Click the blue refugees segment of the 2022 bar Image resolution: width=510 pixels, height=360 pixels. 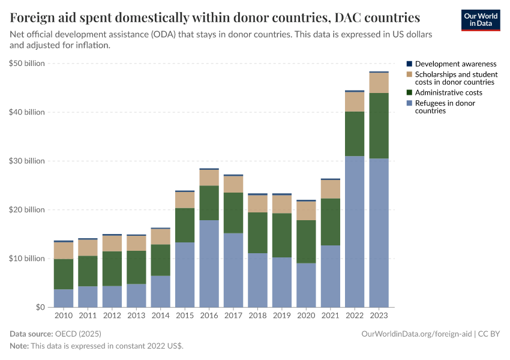click(355, 232)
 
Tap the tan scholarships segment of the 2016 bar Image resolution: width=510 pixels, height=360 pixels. click(209, 178)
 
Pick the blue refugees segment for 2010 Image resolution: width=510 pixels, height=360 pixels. click(64, 298)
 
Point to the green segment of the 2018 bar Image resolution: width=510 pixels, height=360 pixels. click(257, 233)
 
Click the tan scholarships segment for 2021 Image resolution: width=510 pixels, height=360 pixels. click(330, 189)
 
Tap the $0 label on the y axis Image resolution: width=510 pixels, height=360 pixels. click(39, 307)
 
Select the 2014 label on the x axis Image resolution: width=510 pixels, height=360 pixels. click(160, 316)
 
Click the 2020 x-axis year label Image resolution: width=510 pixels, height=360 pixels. click(306, 316)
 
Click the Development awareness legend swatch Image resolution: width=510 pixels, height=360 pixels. click(409, 64)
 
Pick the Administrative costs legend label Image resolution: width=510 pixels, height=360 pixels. click(448, 92)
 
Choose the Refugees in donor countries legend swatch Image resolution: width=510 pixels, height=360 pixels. click(409, 103)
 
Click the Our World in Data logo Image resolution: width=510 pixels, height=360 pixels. click(480, 20)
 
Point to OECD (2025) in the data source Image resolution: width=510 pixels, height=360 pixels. click(78, 334)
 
